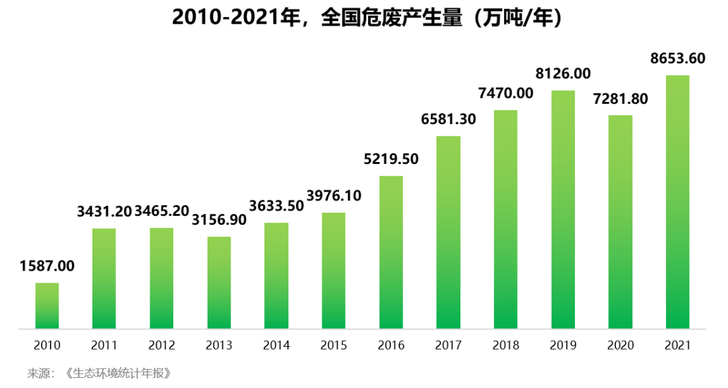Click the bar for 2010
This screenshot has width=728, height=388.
pos(47,306)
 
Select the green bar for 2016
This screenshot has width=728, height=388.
pos(391,252)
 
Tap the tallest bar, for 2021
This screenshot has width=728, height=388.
pos(677,202)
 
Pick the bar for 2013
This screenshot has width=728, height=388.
pos(219,283)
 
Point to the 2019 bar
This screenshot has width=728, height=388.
pos(563,210)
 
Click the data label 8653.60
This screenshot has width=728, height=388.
pos(677,59)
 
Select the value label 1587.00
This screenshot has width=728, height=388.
pos(47,266)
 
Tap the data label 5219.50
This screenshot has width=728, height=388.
pos(391,159)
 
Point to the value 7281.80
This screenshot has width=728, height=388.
pos(620,99)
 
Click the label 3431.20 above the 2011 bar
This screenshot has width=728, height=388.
pos(104,212)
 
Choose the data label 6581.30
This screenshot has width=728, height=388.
pos(448,119)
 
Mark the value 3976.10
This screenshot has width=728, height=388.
pos(334,196)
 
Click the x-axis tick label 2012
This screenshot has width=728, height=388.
pos(162,345)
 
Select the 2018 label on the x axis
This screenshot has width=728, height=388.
pos(506,345)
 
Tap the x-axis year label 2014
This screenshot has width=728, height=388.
pos(276,345)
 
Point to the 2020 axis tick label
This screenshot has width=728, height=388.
pos(620,345)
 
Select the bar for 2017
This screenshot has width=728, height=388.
pos(448,233)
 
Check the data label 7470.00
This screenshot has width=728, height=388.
pos(506,93)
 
